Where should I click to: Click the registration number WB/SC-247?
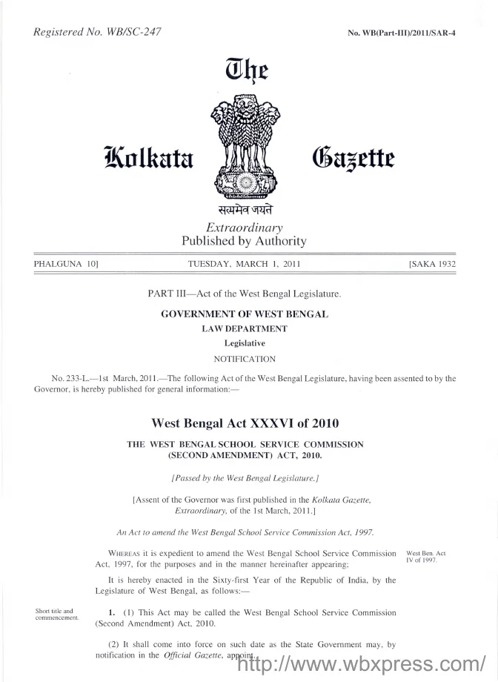[x=133, y=31]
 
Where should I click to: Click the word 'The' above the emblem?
[x=245, y=72]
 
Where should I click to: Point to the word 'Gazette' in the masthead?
[x=351, y=158]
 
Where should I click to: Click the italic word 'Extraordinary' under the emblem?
[x=244, y=228]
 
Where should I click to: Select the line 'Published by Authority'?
[x=244, y=241]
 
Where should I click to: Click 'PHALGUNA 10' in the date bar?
[x=67, y=264]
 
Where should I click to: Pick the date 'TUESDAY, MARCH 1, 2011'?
[x=244, y=264]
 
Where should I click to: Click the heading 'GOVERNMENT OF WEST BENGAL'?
[x=245, y=314]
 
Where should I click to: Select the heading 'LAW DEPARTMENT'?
[x=245, y=328]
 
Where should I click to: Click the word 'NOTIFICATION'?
[x=245, y=359]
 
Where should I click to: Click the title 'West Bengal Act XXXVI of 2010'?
[x=245, y=424]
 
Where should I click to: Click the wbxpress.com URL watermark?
[x=359, y=663]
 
